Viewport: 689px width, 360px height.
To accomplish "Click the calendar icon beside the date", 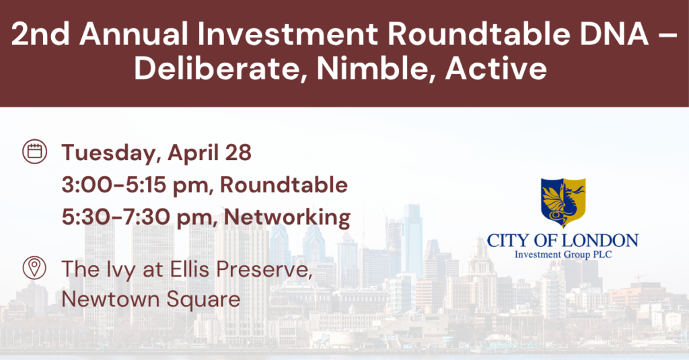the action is click(x=35, y=151).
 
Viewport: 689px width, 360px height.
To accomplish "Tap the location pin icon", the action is click(x=34, y=268).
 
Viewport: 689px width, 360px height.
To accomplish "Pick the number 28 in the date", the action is click(x=238, y=153).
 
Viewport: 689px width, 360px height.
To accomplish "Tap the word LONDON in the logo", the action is click(x=600, y=240).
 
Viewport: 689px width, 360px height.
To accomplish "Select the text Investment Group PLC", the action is click(x=563, y=254).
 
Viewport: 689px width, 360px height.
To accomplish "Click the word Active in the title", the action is click(x=496, y=69).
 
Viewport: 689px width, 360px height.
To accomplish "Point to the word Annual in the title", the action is click(x=134, y=34).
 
